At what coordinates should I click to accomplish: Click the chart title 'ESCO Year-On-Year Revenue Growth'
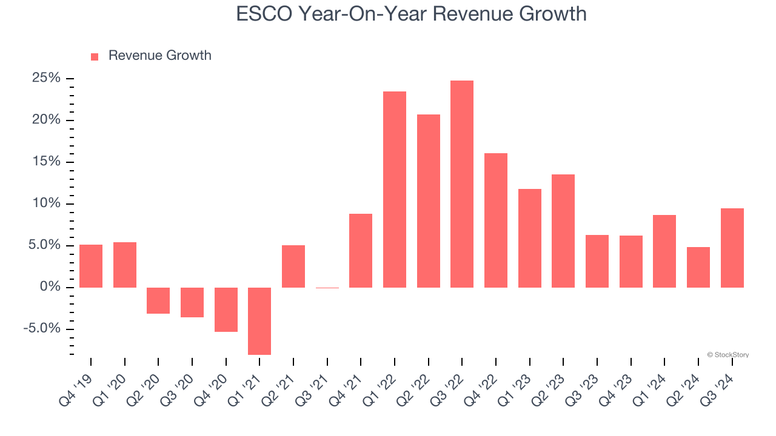click(x=411, y=14)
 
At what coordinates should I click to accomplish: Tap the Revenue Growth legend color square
click(x=95, y=56)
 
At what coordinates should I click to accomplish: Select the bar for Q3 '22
click(x=462, y=184)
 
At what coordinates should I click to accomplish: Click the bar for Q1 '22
click(x=395, y=190)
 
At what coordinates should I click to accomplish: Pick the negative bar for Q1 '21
click(x=259, y=321)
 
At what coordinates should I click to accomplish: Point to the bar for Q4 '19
click(x=91, y=266)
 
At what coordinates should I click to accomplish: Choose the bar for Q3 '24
click(x=732, y=248)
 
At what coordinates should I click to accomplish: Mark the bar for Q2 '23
click(x=563, y=231)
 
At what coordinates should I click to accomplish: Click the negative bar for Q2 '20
click(x=158, y=300)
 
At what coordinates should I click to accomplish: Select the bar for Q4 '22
click(x=496, y=220)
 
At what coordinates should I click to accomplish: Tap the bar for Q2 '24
click(x=698, y=267)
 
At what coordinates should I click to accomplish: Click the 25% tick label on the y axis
click(x=46, y=78)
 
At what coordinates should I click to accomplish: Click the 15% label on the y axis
click(x=46, y=162)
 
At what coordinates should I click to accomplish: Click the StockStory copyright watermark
click(x=727, y=355)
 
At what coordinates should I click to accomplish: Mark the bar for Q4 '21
click(x=361, y=251)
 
